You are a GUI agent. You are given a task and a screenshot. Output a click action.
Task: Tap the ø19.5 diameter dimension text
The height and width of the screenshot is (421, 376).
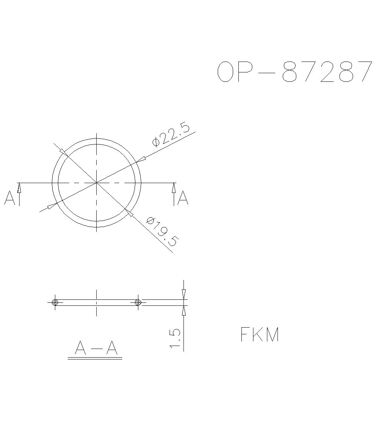(161, 231)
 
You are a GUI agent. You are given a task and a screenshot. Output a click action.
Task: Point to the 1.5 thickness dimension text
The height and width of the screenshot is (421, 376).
(176, 338)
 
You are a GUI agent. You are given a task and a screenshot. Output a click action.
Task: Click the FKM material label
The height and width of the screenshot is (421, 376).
(260, 335)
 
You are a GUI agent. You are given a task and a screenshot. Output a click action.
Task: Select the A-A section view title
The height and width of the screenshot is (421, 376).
(96, 348)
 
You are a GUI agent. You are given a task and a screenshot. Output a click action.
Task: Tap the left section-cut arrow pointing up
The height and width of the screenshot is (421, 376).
(19, 187)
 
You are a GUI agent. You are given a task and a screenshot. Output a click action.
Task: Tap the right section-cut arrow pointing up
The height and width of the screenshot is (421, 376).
(174, 187)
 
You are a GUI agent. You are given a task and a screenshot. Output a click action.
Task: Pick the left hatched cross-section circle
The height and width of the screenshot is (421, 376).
(55, 302)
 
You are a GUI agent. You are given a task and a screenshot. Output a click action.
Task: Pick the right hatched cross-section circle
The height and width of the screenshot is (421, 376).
(138, 302)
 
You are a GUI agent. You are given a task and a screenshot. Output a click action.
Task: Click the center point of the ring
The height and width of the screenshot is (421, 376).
(97, 183)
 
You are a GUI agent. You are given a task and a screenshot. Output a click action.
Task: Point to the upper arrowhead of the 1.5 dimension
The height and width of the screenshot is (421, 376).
(183, 294)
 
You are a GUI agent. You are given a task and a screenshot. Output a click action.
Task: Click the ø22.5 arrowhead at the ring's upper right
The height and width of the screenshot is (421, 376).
(141, 160)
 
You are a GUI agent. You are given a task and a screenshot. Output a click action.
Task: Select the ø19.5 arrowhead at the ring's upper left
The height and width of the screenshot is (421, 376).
(63, 152)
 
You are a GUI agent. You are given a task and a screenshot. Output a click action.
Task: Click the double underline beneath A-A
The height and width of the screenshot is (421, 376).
(95, 359)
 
